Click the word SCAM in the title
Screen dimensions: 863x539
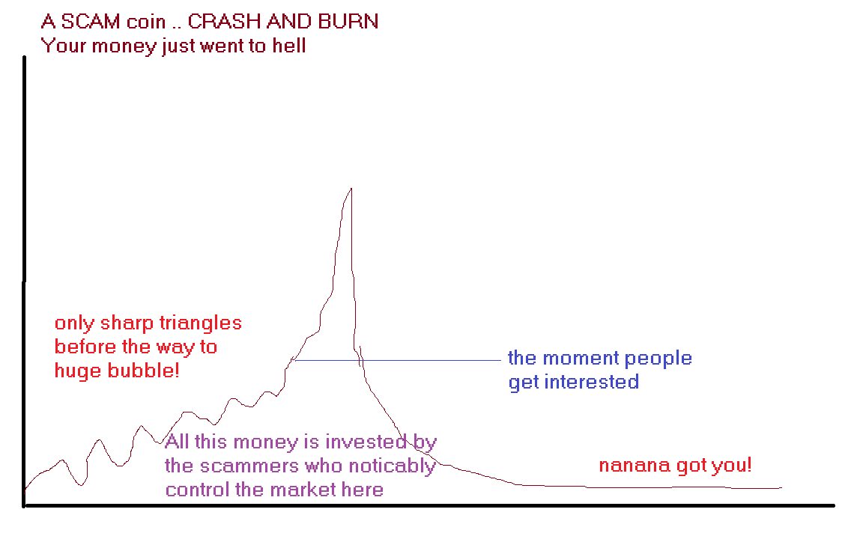point(90,22)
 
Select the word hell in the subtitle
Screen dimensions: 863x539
point(289,45)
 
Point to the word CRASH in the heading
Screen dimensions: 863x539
point(224,22)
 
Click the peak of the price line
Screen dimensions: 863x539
point(351,189)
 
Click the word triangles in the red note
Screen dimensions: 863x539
point(200,323)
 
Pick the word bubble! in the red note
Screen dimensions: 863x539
point(144,370)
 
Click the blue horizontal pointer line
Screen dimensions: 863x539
point(397,360)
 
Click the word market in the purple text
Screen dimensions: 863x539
point(303,490)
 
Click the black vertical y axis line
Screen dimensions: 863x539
point(24,281)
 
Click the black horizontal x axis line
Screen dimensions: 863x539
point(429,505)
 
